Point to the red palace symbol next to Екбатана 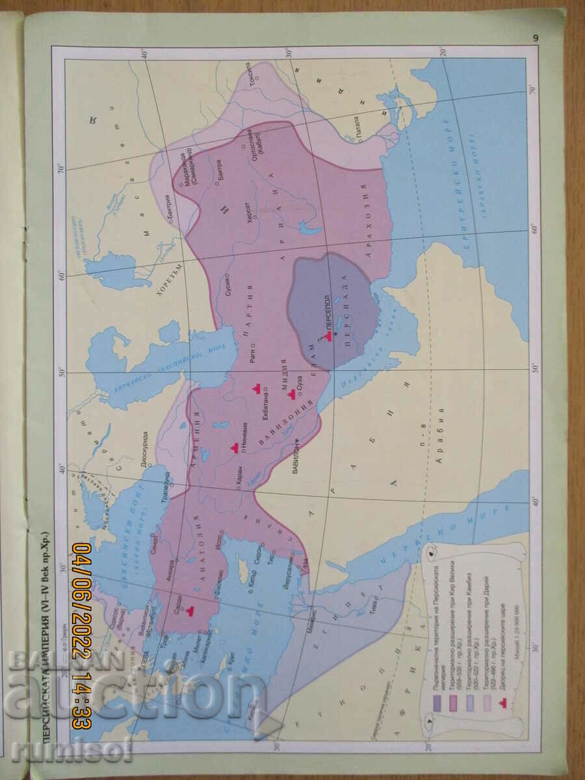pos(257,388)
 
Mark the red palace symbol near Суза pos(284,393)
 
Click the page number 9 pos(536,38)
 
